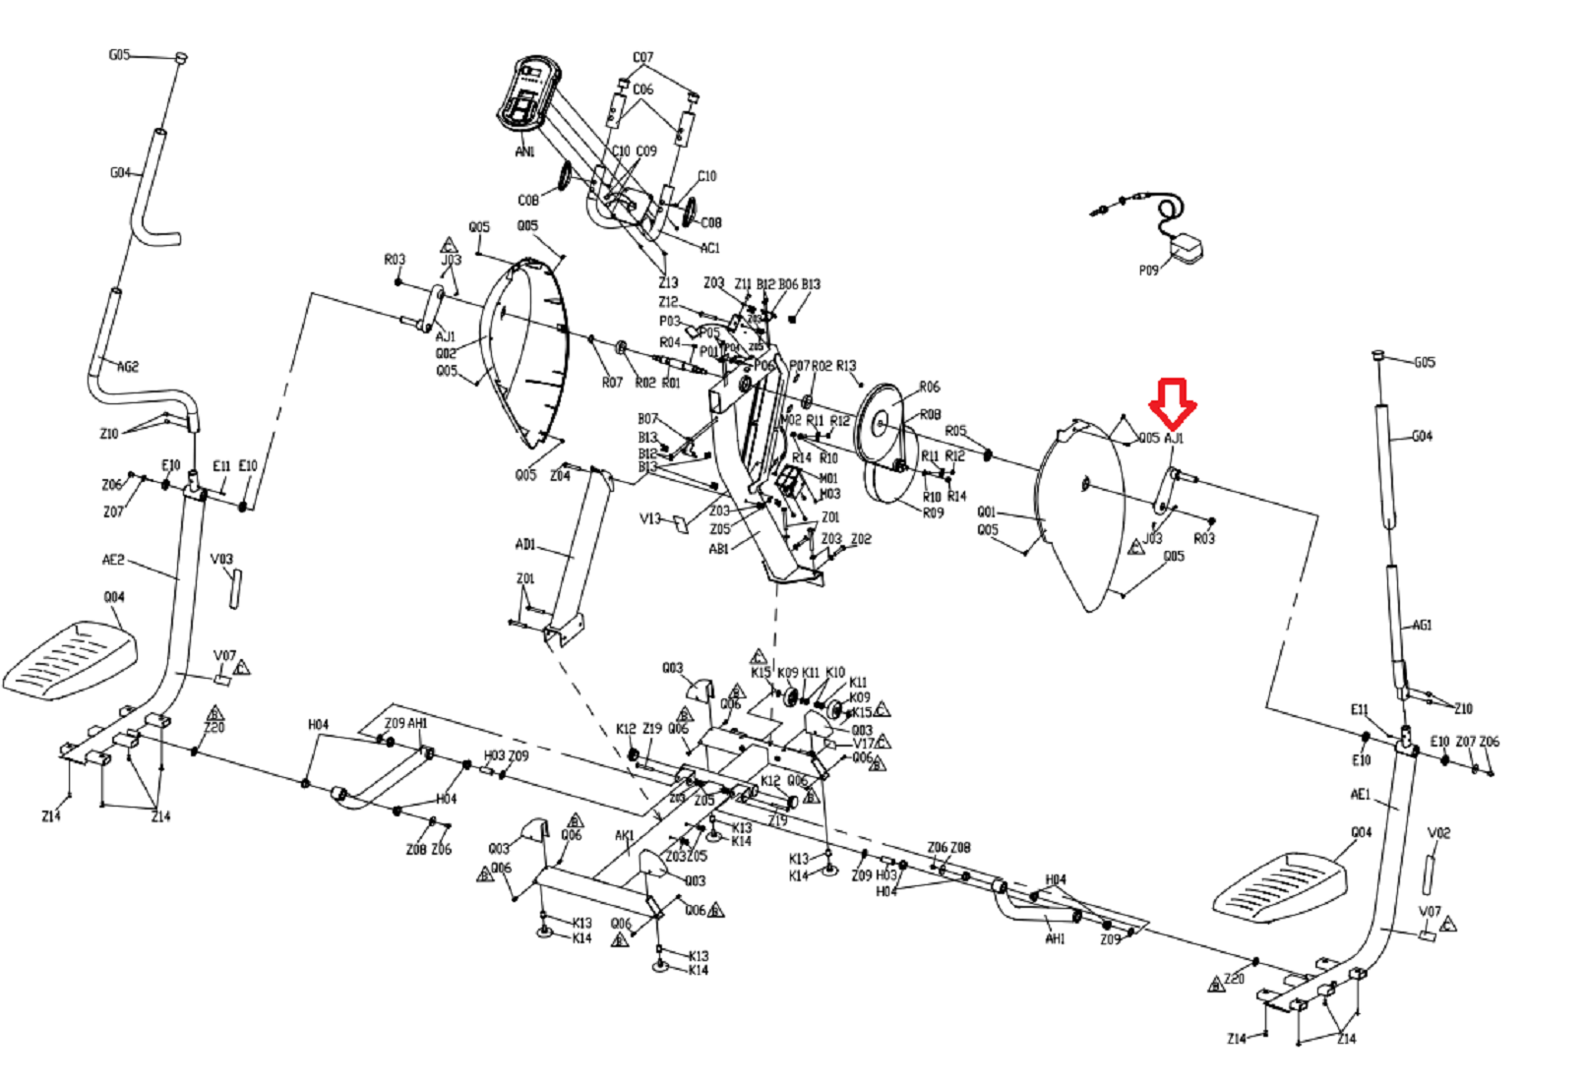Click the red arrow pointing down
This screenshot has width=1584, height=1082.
point(1172,402)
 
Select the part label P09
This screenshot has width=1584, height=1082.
point(1148,270)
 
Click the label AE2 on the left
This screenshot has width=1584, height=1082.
point(113,560)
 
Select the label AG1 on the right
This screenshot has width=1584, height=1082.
point(1422,625)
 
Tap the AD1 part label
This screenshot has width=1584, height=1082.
point(525,544)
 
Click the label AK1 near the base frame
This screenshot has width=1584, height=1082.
point(625,835)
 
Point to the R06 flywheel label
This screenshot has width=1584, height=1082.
point(929,387)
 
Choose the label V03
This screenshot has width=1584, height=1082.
point(222,559)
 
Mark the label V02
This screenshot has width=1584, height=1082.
point(1438,832)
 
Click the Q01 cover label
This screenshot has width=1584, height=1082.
point(987,511)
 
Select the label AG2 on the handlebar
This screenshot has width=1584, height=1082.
point(128,367)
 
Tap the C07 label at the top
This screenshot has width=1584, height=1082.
point(642,57)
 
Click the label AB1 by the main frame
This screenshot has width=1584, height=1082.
point(719,549)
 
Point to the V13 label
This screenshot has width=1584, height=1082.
point(650,518)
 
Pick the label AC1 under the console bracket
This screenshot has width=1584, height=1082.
point(709,248)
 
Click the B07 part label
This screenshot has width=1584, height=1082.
point(647,419)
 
